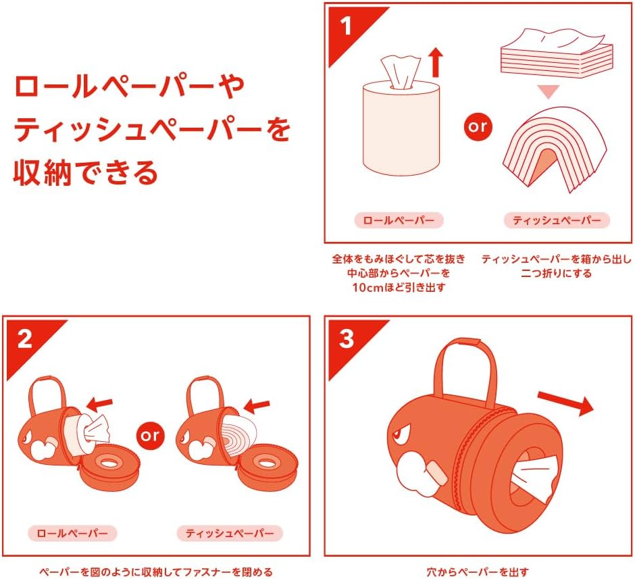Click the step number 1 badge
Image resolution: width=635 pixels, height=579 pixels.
pyautogui.click(x=345, y=27)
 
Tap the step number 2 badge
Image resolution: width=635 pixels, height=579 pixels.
pyautogui.click(x=24, y=339)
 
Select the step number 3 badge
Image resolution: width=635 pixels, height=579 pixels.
pyautogui.click(x=347, y=339)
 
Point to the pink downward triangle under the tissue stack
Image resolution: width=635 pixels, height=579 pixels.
pyautogui.click(x=549, y=92)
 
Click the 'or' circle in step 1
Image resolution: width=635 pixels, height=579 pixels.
pyautogui.click(x=478, y=127)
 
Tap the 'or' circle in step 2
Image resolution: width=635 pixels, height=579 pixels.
pyautogui.click(x=150, y=436)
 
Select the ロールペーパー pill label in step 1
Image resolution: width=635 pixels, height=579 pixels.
pyautogui.click(x=399, y=220)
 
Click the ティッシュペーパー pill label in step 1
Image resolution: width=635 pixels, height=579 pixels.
pyautogui.click(x=557, y=220)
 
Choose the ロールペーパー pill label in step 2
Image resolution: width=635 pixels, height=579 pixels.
pyautogui.click(x=72, y=533)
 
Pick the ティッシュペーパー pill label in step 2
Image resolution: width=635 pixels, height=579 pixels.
pyautogui.click(x=230, y=533)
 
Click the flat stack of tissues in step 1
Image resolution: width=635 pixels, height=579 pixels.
pyautogui.click(x=557, y=53)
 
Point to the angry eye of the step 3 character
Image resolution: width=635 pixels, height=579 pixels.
pyautogui.click(x=401, y=432)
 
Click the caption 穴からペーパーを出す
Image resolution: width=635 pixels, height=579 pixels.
pyautogui.click(x=478, y=572)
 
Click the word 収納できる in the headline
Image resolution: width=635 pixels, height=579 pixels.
pyautogui.click(x=85, y=173)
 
